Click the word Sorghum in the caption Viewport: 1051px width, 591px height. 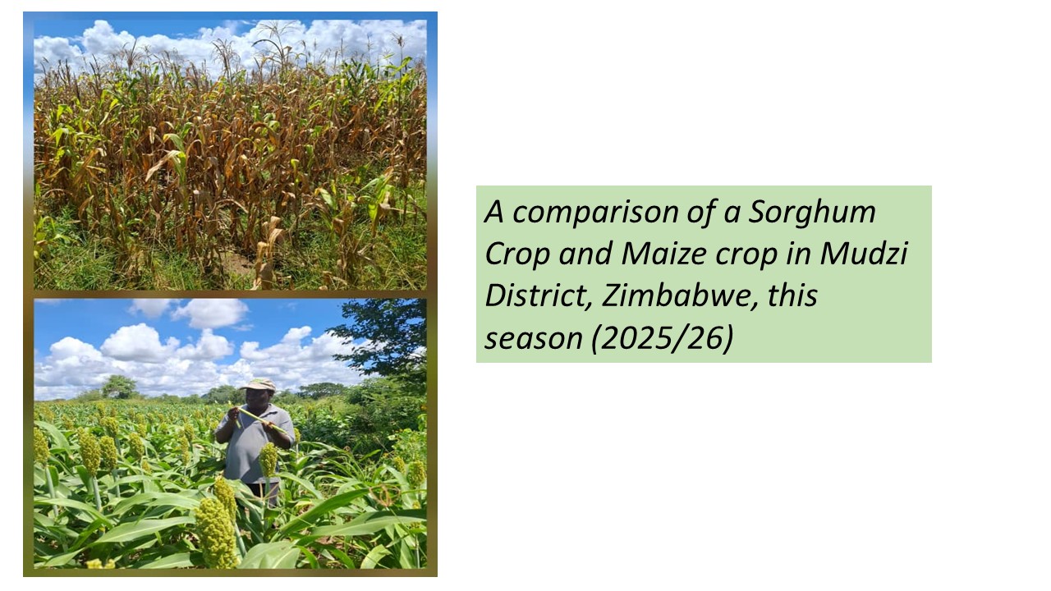pos(812,213)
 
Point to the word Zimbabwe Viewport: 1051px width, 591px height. pos(679,296)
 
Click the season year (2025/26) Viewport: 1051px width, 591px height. pos(662,338)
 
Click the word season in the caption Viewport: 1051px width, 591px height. pos(533,340)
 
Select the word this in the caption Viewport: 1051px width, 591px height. pos(792,296)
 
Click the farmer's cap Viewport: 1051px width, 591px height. pos(258,385)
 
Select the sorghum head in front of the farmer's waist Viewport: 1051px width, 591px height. pos(268,459)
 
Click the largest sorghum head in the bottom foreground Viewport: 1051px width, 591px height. pos(217,534)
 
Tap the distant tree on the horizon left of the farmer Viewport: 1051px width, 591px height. pos(119,387)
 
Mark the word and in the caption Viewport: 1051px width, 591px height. pos(585,254)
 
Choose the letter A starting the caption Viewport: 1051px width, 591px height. pos(494,212)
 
